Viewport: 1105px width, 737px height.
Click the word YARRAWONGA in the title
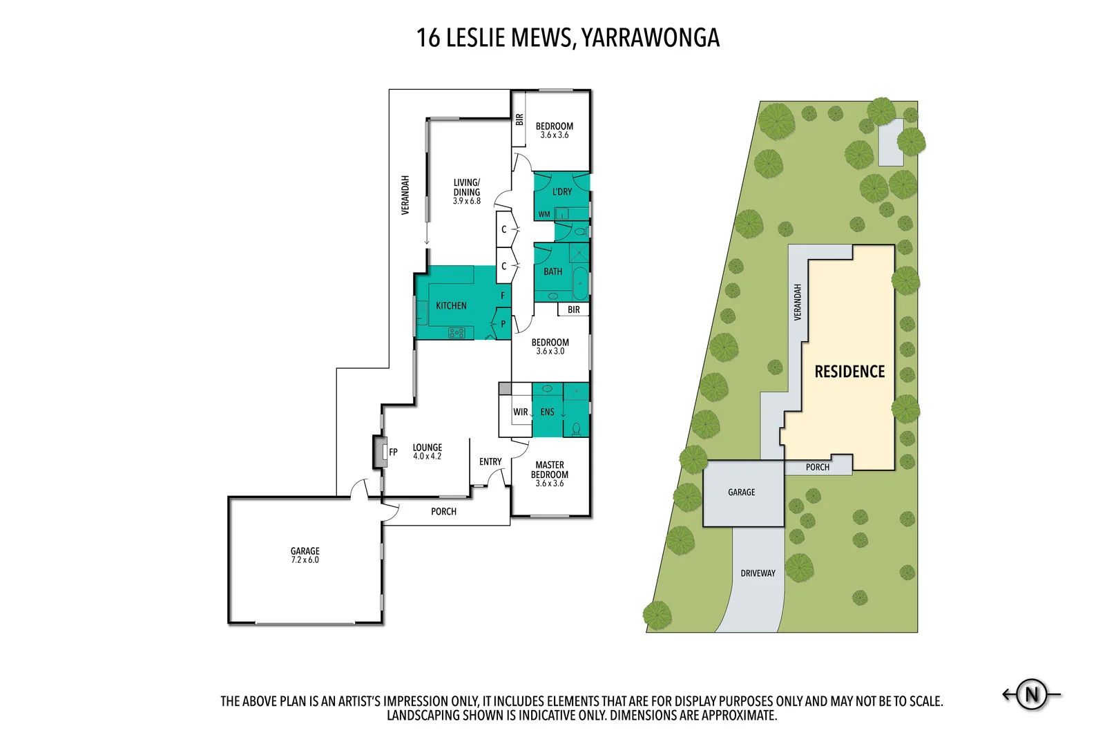pyautogui.click(x=650, y=38)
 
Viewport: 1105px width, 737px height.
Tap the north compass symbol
pyautogui.click(x=1032, y=694)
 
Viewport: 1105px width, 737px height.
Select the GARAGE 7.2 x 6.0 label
pyautogui.click(x=305, y=555)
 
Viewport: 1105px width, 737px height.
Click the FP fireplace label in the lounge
pyautogui.click(x=393, y=452)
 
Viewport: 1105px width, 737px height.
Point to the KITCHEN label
pyautogui.click(x=451, y=306)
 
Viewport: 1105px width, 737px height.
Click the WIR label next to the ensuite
pyautogui.click(x=520, y=412)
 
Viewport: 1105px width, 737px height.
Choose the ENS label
pyautogui.click(x=547, y=412)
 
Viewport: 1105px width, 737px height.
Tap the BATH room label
pyautogui.click(x=552, y=272)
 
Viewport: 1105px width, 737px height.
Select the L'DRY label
pyautogui.click(x=561, y=192)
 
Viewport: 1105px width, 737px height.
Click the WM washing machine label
pyautogui.click(x=544, y=215)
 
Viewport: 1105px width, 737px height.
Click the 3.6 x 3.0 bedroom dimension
pyautogui.click(x=550, y=352)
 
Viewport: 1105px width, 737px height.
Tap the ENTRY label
pyautogui.click(x=490, y=462)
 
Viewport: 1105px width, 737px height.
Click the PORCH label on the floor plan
pyautogui.click(x=443, y=512)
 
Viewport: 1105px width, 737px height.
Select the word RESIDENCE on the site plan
pyautogui.click(x=849, y=372)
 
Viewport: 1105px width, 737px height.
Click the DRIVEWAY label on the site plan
pyautogui.click(x=758, y=573)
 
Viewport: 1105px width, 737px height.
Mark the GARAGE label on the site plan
pyautogui.click(x=741, y=492)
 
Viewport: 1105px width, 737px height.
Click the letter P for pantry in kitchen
pyautogui.click(x=503, y=324)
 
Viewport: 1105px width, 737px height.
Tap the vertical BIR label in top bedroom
pyautogui.click(x=519, y=119)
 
